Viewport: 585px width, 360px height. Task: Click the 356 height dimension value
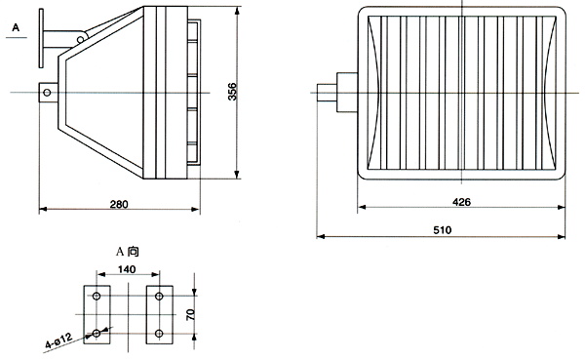(x=232, y=92)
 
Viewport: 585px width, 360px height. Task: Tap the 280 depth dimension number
(x=119, y=204)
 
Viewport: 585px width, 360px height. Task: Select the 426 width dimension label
(x=461, y=202)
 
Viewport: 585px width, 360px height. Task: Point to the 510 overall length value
(x=443, y=229)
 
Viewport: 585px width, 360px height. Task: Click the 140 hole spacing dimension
(x=127, y=269)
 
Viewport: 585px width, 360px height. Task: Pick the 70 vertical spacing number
(x=190, y=314)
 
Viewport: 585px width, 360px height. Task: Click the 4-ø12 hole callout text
(x=58, y=340)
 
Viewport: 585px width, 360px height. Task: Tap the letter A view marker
(x=16, y=27)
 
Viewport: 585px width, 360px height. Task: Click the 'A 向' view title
(x=127, y=252)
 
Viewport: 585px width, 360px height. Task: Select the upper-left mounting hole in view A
(x=97, y=297)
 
